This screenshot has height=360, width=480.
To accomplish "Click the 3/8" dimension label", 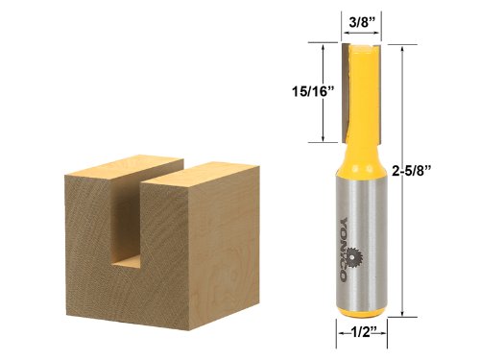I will tap(359, 19).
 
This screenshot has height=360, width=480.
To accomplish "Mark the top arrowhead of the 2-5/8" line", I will tap(403, 46).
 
